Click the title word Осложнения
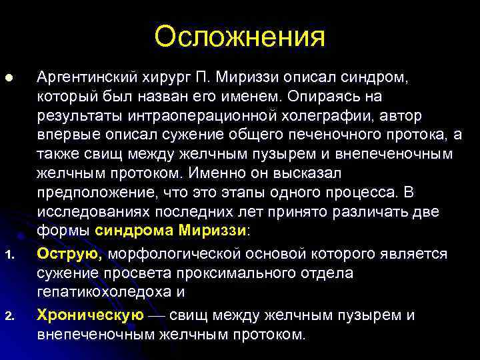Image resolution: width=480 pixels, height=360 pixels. (240, 37)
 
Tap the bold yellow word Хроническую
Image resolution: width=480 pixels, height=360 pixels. (90, 315)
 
